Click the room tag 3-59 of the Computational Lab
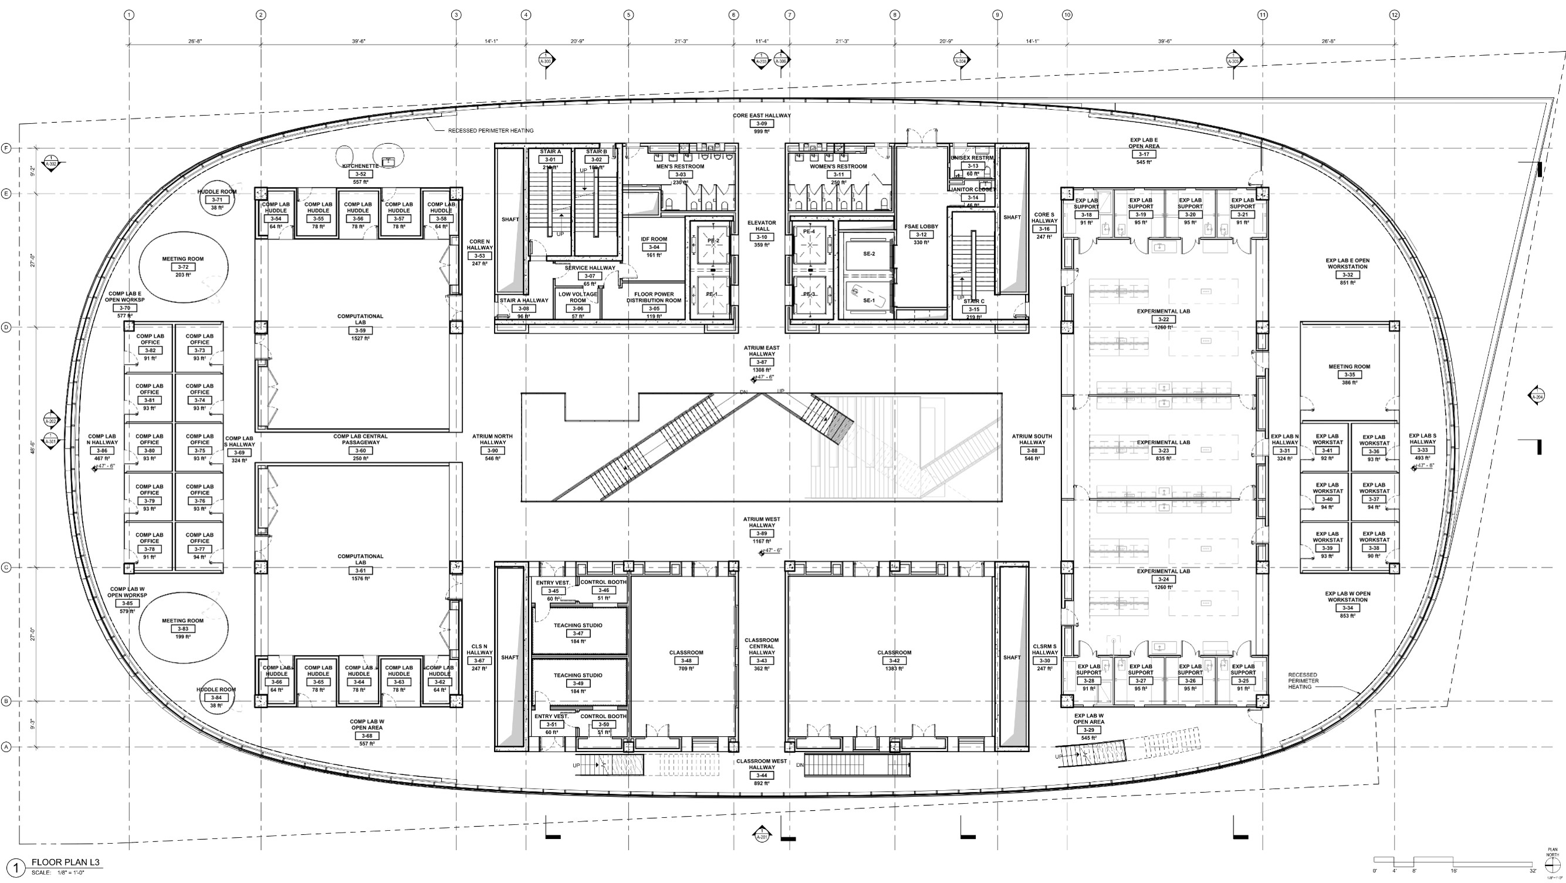click(360, 331)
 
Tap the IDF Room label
click(654, 240)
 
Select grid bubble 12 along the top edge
click(1395, 15)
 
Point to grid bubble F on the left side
click(6, 149)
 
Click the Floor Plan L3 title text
click(66, 862)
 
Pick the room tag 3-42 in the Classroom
click(894, 661)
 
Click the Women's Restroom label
click(838, 167)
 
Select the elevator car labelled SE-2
click(869, 254)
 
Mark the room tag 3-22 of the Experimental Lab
click(1163, 319)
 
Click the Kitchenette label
click(360, 166)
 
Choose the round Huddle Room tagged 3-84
click(216, 697)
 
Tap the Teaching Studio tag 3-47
click(577, 633)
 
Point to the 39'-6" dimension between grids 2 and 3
click(358, 41)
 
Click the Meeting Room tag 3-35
click(1349, 375)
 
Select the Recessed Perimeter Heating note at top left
click(491, 131)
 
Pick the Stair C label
click(974, 302)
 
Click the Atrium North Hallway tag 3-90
click(492, 451)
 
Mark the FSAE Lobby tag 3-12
click(921, 235)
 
